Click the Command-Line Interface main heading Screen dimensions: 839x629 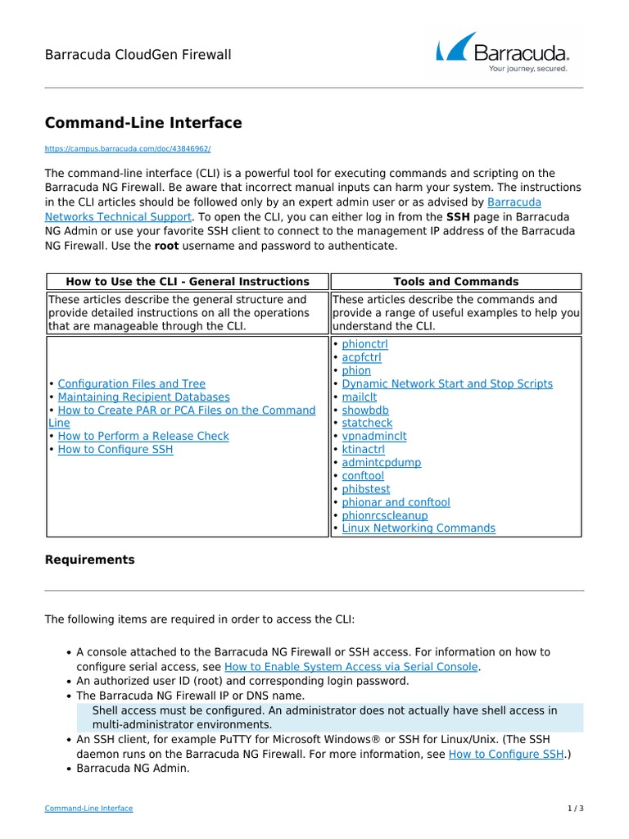click(x=143, y=123)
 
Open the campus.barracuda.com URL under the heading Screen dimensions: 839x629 click(x=128, y=149)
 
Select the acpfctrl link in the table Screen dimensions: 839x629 click(x=361, y=357)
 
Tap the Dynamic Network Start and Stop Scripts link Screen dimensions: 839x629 click(x=446, y=383)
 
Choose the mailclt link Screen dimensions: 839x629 click(x=359, y=397)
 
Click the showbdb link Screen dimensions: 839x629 click(x=365, y=410)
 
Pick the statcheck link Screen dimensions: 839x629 click(x=367, y=423)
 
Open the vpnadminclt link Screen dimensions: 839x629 click(x=373, y=436)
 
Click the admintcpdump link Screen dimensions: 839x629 click(x=381, y=462)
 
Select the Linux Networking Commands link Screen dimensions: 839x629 click(x=418, y=528)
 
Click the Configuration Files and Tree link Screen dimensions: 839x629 click(x=132, y=383)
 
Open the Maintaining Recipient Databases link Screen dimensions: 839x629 click(x=144, y=397)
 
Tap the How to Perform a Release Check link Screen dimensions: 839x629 click(x=143, y=436)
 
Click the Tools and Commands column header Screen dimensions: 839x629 click(x=455, y=281)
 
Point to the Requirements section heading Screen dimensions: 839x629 click(x=89, y=560)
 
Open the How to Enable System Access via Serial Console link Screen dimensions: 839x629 click(x=351, y=667)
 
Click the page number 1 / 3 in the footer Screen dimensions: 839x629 click(x=576, y=808)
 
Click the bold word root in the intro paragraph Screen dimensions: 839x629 click(x=166, y=245)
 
